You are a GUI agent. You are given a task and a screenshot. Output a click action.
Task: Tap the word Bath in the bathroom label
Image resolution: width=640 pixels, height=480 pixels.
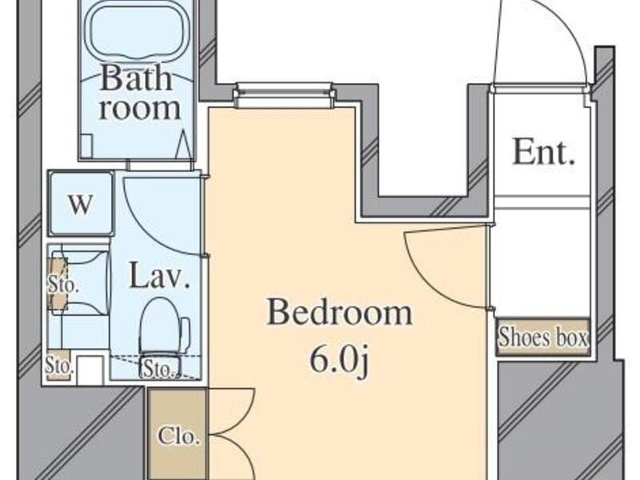(x=136, y=78)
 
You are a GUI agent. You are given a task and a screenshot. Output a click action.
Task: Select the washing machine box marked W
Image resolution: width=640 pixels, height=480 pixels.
(x=81, y=203)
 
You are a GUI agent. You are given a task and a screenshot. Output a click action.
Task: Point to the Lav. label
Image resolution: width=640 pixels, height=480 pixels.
(x=159, y=276)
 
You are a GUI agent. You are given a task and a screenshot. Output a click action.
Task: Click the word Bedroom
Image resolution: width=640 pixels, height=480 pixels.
(x=339, y=312)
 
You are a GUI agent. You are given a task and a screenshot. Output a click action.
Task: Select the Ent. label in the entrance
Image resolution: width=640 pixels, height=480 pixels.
(x=544, y=152)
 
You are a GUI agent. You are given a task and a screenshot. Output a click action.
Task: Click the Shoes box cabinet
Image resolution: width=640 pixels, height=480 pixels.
(x=543, y=338)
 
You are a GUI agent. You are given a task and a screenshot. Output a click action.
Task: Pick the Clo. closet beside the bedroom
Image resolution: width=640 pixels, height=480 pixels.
(x=178, y=435)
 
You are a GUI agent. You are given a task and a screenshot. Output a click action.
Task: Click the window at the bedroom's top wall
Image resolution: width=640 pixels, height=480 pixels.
(x=284, y=95)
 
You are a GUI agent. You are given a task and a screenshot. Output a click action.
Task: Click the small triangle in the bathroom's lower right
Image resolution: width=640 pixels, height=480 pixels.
(x=183, y=144)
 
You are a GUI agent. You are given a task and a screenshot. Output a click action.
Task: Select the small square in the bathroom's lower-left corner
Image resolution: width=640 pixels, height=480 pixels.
(x=86, y=146)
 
